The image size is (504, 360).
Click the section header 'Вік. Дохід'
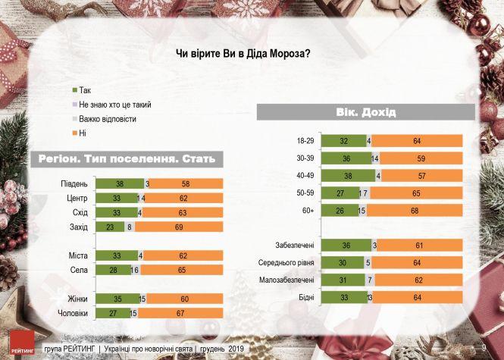click(365, 113)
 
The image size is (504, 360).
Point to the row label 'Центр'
click(77, 198)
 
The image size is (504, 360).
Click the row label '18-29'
click(303, 140)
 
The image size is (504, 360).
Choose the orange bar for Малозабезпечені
click(418, 280)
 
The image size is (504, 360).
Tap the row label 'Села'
click(80, 270)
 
